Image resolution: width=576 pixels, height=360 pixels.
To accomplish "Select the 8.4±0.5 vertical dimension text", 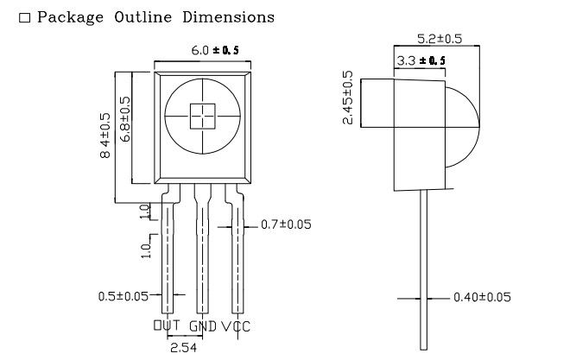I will [x=105, y=136].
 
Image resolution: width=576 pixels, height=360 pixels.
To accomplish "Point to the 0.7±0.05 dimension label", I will [x=286, y=224].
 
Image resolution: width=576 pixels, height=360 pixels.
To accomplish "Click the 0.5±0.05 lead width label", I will [x=123, y=296].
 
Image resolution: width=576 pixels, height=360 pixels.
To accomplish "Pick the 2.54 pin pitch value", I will [x=182, y=347].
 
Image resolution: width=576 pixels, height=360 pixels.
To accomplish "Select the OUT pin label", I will [x=168, y=326].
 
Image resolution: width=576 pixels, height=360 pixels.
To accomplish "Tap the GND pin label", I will [x=203, y=326].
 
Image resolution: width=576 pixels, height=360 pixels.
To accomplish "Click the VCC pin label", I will [x=237, y=326].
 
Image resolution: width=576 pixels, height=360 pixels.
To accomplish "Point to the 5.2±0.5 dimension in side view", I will [x=440, y=39].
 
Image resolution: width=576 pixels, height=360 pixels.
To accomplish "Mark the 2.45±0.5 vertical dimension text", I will [x=348, y=98].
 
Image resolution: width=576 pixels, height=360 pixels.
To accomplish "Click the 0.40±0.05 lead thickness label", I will [x=482, y=297].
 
